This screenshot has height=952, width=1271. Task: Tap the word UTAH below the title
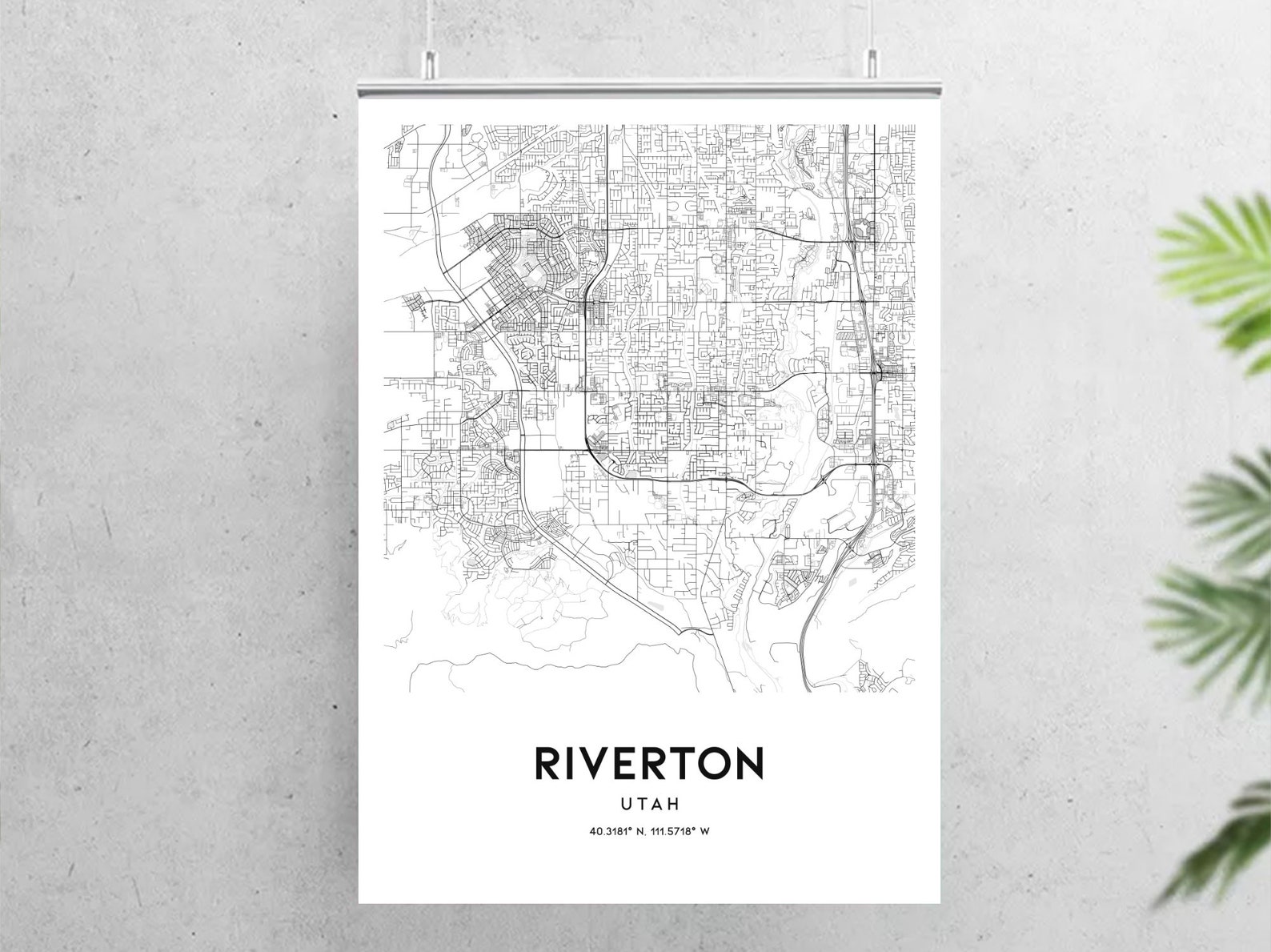click(x=649, y=801)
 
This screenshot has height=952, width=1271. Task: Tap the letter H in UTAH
click(x=675, y=801)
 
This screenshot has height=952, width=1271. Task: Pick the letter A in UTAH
click(x=658, y=801)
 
